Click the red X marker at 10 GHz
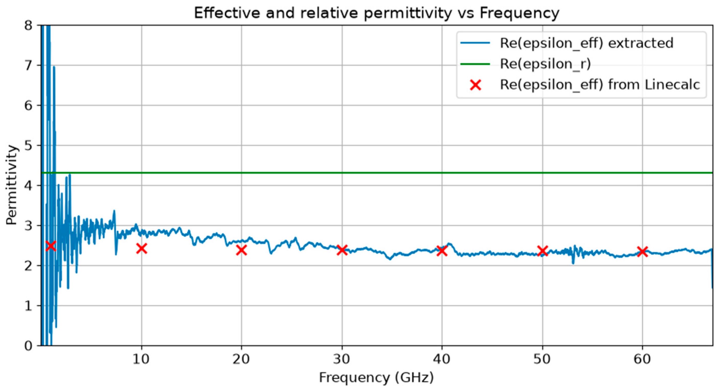[x=142, y=248]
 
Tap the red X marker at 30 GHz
[x=342, y=250]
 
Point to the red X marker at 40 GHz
[x=442, y=251]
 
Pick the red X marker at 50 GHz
[x=542, y=251]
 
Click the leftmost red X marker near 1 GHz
[x=51, y=246]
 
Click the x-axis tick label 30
[x=342, y=359]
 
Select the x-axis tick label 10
[x=141, y=359]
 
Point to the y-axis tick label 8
[x=28, y=26]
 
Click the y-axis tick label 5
[x=28, y=145]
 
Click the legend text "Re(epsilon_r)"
[x=545, y=64]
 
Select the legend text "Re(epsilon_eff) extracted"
[x=586, y=43]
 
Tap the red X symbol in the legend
[x=475, y=85]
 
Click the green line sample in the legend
[x=475, y=64]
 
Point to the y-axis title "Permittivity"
[x=12, y=185]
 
